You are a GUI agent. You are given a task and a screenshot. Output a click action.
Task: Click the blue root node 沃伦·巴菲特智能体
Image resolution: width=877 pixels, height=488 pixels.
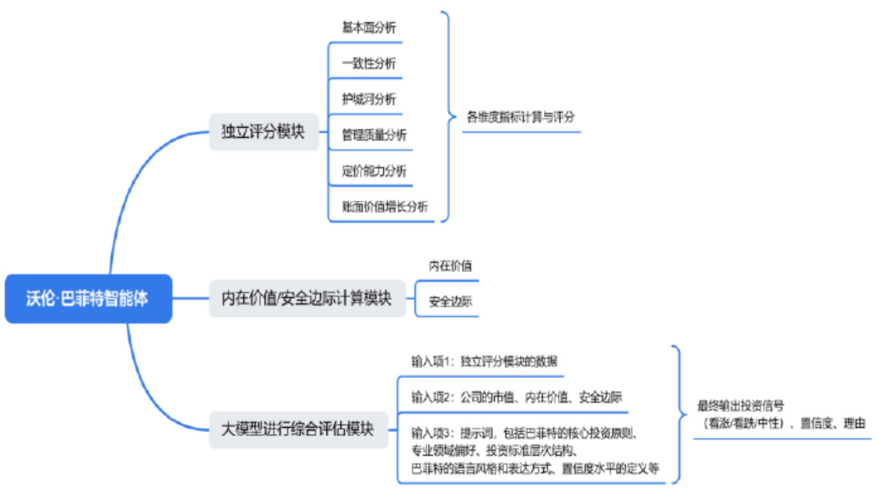88,298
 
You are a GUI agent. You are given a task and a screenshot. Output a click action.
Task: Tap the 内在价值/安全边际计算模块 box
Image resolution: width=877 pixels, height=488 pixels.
306,298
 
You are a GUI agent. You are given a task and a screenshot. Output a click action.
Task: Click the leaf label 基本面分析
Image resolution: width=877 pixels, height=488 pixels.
369,27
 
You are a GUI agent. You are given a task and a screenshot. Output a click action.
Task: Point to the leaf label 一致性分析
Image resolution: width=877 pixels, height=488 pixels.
369,64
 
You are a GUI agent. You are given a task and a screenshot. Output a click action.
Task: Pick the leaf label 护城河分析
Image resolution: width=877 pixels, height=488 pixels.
369,99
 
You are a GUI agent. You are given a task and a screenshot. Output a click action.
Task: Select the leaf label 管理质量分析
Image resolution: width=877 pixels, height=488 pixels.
374,135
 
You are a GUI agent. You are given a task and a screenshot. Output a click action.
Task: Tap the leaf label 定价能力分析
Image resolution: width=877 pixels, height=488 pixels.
374,170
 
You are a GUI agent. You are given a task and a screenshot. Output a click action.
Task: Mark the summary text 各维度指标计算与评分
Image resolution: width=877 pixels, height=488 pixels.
520,117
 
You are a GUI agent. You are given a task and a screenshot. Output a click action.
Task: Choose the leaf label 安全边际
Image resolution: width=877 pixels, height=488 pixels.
450,301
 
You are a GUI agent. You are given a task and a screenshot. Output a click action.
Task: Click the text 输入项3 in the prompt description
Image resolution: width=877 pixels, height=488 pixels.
433,433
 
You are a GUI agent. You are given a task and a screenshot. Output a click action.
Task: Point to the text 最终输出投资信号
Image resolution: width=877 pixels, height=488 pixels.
740,405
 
